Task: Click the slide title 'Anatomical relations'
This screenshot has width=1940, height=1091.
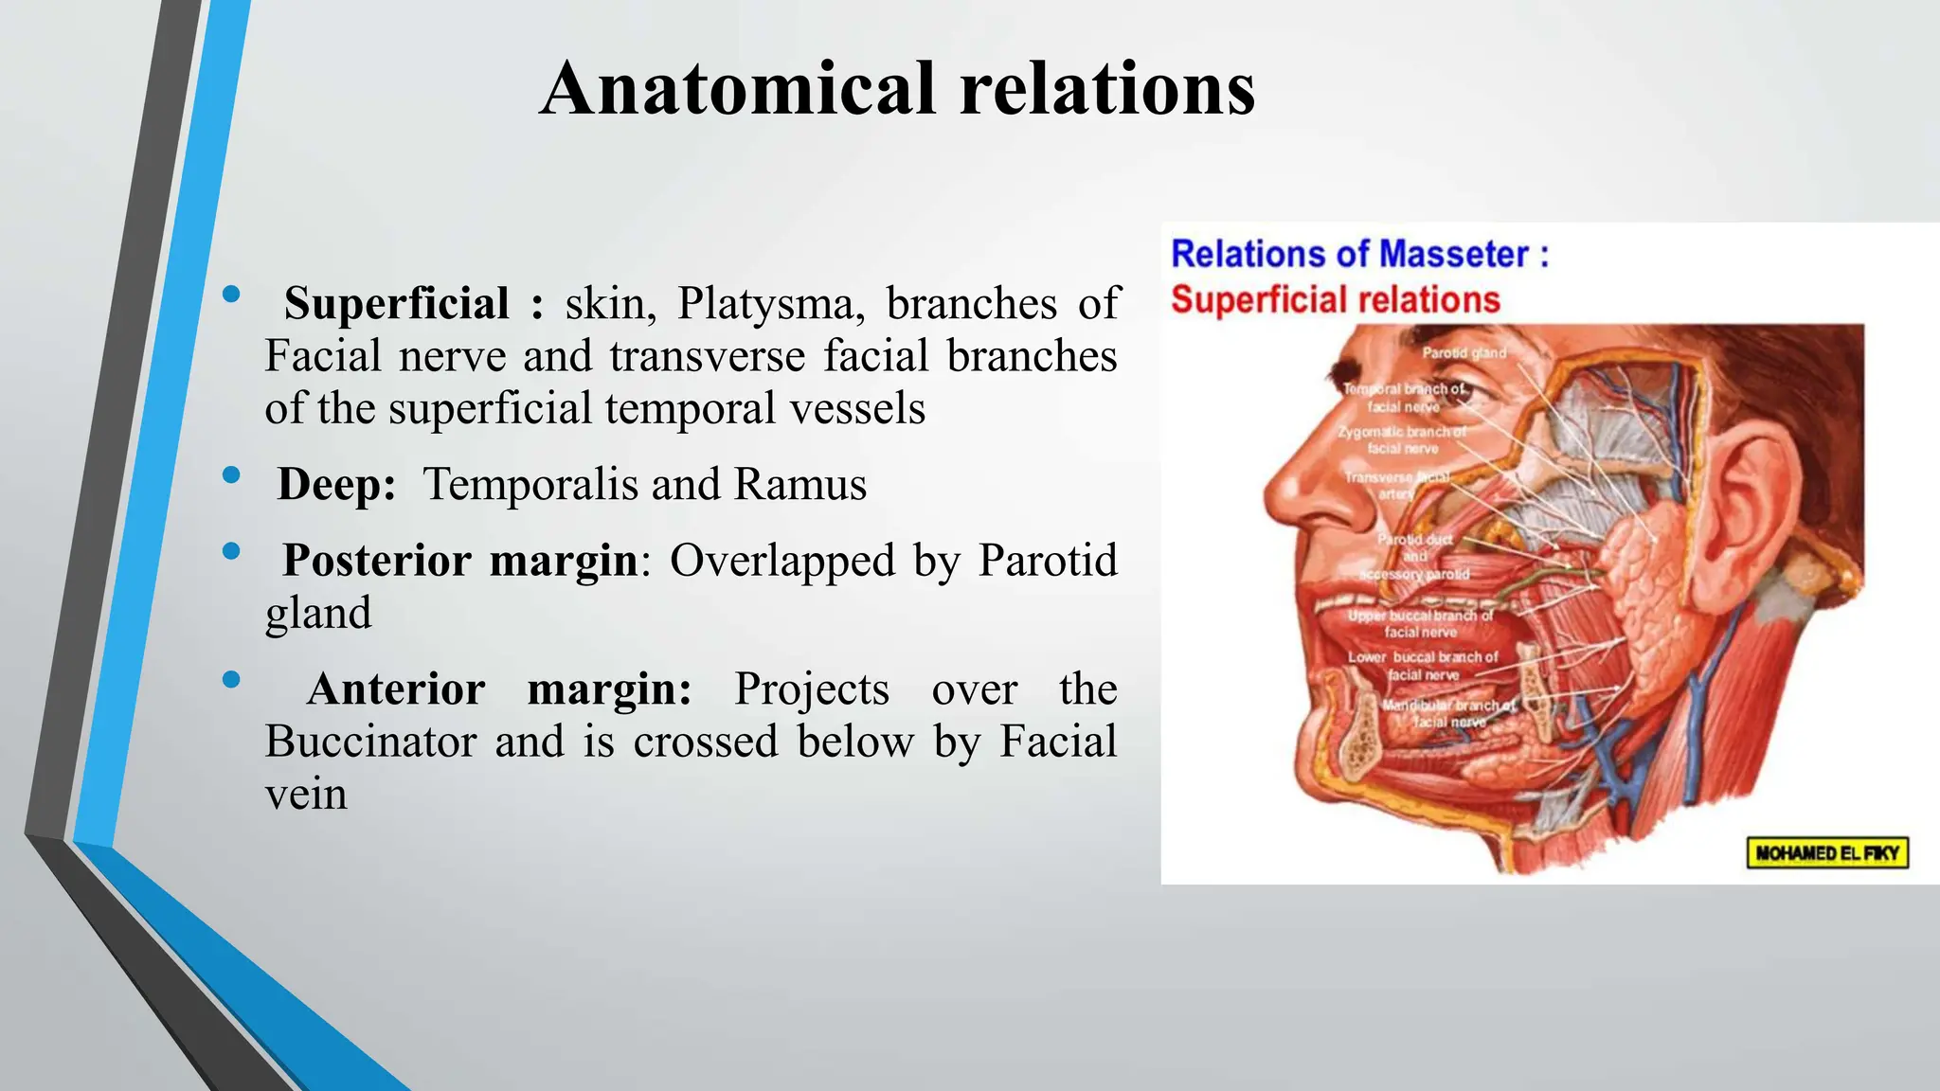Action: (897, 89)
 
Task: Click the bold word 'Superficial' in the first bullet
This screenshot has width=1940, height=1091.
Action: (396, 304)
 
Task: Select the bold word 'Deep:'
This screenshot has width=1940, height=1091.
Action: (336, 485)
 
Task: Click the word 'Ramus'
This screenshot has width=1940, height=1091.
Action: (800, 485)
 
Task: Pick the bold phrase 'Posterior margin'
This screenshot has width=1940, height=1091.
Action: (459, 561)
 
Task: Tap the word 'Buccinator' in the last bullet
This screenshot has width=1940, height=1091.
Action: (370, 742)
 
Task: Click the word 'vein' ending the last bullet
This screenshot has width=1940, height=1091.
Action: (306, 794)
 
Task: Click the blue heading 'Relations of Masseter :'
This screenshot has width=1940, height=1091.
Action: (1359, 255)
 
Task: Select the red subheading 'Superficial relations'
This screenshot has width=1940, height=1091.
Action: (1336, 300)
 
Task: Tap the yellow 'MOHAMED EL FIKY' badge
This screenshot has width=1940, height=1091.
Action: (1827, 852)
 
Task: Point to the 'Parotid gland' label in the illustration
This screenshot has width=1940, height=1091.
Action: (1464, 353)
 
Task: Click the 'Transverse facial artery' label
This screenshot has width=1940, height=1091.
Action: (1397, 486)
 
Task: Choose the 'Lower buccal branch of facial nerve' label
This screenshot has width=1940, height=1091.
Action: (1423, 666)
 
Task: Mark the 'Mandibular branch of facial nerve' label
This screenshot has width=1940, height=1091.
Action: (1449, 713)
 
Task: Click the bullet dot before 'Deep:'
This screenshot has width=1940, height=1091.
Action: (230, 474)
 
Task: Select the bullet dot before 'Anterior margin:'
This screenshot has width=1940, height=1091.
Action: (230, 679)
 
